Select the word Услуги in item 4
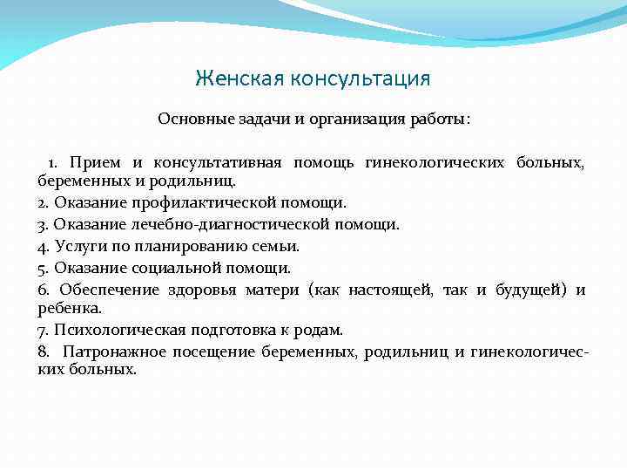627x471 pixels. click(80, 246)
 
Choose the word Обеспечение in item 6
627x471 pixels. click(109, 290)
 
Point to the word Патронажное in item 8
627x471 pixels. click(112, 352)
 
